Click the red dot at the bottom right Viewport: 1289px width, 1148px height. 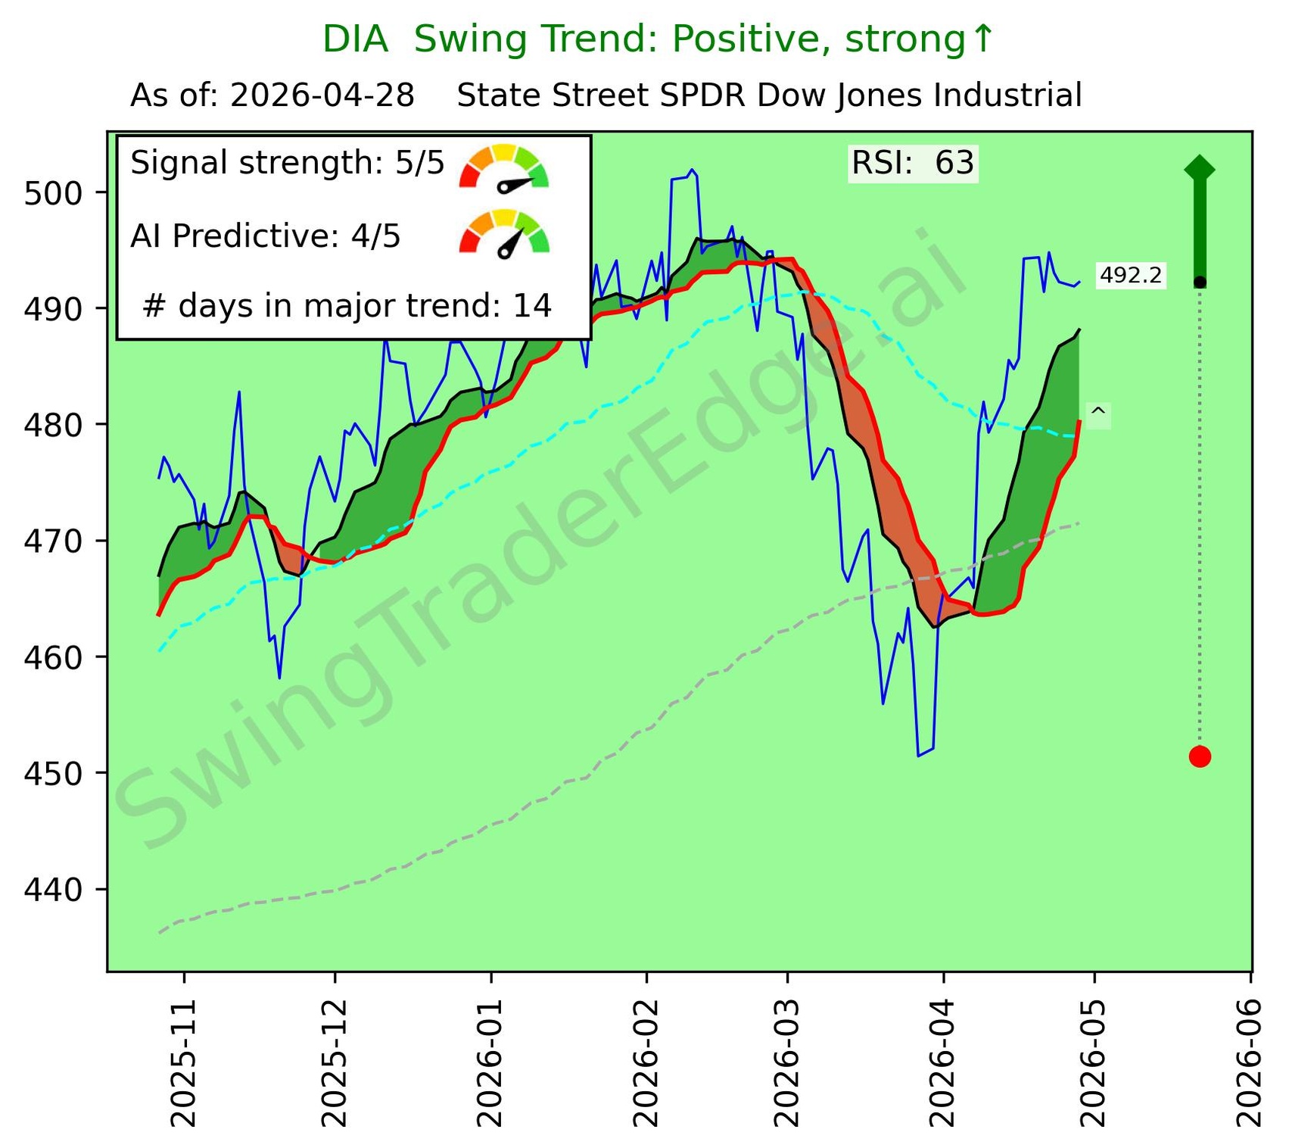pos(1200,756)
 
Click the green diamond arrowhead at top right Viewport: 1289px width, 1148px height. pos(1200,168)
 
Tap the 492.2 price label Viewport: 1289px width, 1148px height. pos(1130,276)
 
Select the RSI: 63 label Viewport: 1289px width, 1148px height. pos(913,164)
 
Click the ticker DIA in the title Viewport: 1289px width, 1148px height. pos(355,39)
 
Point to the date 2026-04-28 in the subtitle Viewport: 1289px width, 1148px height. pos(322,96)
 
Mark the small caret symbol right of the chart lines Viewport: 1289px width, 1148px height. pos(1098,413)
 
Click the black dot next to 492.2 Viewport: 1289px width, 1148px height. pos(1200,282)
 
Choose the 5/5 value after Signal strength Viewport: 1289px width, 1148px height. pos(420,163)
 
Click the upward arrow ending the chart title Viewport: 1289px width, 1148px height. pos(982,38)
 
